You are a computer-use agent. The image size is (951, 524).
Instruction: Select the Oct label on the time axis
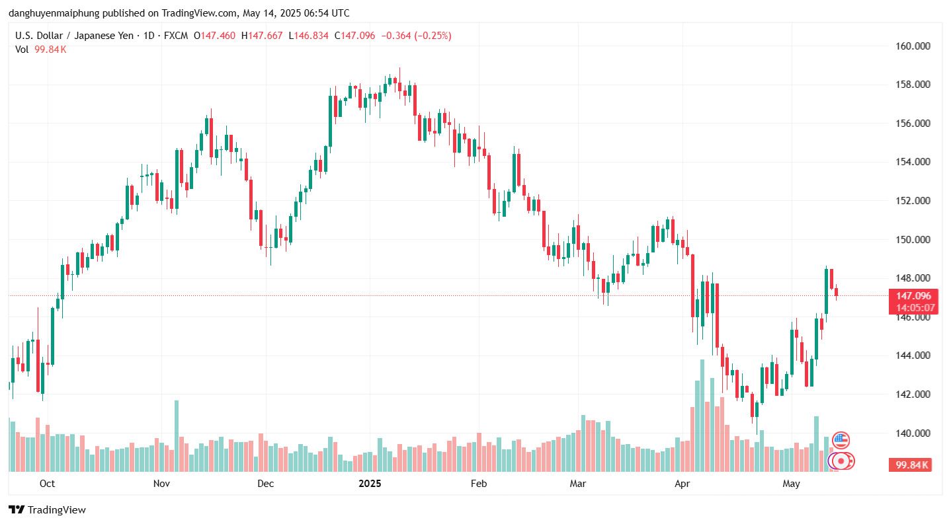pos(47,484)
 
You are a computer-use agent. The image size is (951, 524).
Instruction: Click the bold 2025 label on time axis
pos(370,484)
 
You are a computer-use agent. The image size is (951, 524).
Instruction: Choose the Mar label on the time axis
pos(578,484)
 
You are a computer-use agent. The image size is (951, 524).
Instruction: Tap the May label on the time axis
pos(791,484)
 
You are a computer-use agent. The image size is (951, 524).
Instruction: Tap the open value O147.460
pos(215,36)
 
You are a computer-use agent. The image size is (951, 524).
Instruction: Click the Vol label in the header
pos(22,50)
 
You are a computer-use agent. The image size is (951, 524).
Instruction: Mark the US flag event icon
pos(841,439)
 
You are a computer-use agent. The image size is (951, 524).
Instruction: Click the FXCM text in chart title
pos(175,36)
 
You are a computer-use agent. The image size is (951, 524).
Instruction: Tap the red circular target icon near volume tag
pos(841,461)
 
